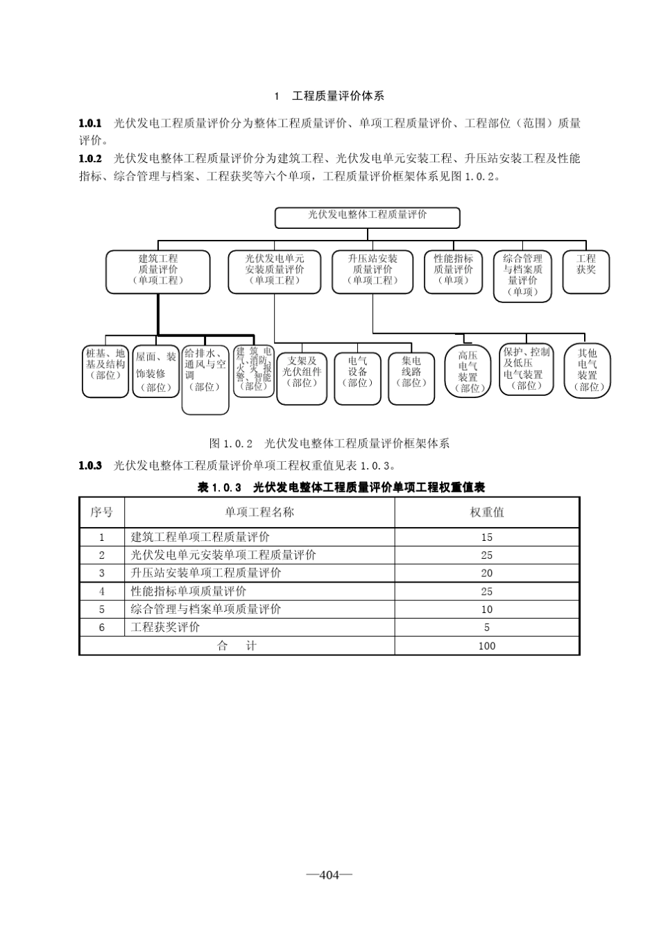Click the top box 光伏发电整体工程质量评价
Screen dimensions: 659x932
(x=367, y=217)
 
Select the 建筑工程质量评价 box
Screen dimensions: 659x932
(x=157, y=270)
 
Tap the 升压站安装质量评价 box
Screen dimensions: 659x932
(x=373, y=270)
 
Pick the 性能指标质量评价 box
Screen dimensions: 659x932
(x=453, y=270)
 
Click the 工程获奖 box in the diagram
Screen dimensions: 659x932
(x=586, y=270)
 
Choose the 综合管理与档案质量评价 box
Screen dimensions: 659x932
(x=522, y=275)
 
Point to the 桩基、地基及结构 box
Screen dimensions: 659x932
(x=105, y=370)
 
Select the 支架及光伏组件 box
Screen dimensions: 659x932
(x=302, y=378)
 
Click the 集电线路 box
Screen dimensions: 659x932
(x=411, y=378)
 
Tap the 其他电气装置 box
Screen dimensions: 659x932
(x=587, y=371)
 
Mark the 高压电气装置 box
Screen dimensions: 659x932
(x=468, y=371)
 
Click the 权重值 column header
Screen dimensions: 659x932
(x=487, y=512)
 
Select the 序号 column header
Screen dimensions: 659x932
(x=102, y=512)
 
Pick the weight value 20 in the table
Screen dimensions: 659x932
(x=487, y=573)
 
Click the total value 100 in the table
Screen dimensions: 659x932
(x=487, y=646)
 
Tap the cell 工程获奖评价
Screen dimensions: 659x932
(x=165, y=628)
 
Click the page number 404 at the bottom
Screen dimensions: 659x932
(x=329, y=875)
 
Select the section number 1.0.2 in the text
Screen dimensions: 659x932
(x=90, y=158)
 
